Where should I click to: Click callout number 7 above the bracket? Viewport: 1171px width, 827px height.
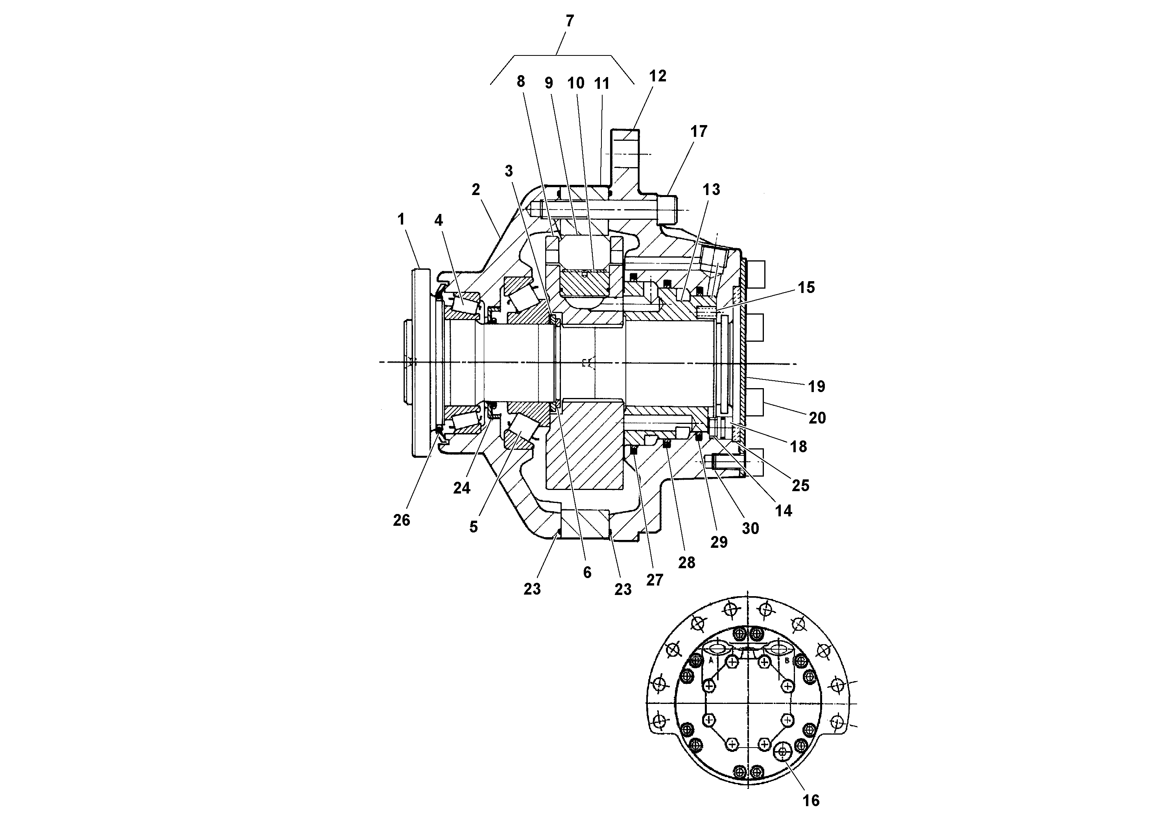(570, 21)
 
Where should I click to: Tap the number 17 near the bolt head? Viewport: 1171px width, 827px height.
(699, 132)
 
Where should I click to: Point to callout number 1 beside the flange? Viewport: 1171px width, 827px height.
(401, 219)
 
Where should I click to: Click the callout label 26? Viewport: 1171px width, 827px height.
(401, 520)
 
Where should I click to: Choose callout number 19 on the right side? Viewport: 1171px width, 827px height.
(817, 387)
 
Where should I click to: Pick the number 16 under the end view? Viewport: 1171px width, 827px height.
(811, 801)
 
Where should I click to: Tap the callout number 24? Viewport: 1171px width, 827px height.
(461, 488)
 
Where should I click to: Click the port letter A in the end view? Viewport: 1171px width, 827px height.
(710, 660)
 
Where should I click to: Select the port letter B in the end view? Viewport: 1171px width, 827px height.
(786, 660)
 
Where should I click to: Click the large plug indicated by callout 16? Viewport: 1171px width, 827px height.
(782, 751)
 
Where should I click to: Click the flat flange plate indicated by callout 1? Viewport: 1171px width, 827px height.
(420, 362)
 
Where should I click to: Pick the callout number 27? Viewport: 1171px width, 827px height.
(655, 580)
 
